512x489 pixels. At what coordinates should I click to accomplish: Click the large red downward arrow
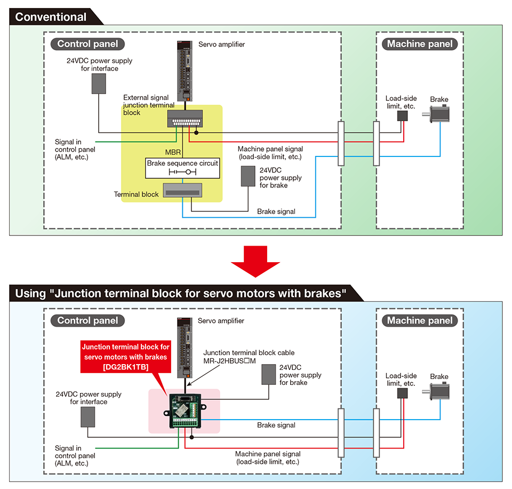pos(255,259)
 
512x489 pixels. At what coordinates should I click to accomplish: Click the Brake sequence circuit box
pos(182,167)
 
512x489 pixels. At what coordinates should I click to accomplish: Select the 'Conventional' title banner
pos(51,17)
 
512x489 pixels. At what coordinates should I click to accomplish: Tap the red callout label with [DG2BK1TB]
pos(125,356)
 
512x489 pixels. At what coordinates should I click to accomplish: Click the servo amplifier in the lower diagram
pos(185,348)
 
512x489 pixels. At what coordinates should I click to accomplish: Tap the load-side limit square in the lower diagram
pos(403,393)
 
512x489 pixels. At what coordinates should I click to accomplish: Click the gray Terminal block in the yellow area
pos(182,190)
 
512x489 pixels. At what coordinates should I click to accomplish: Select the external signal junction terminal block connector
pos(185,118)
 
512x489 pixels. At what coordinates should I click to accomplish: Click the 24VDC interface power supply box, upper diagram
pos(99,83)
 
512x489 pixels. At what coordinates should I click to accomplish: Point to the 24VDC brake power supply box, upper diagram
pos(249,176)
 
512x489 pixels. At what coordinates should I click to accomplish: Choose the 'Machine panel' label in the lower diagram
pos(420,321)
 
